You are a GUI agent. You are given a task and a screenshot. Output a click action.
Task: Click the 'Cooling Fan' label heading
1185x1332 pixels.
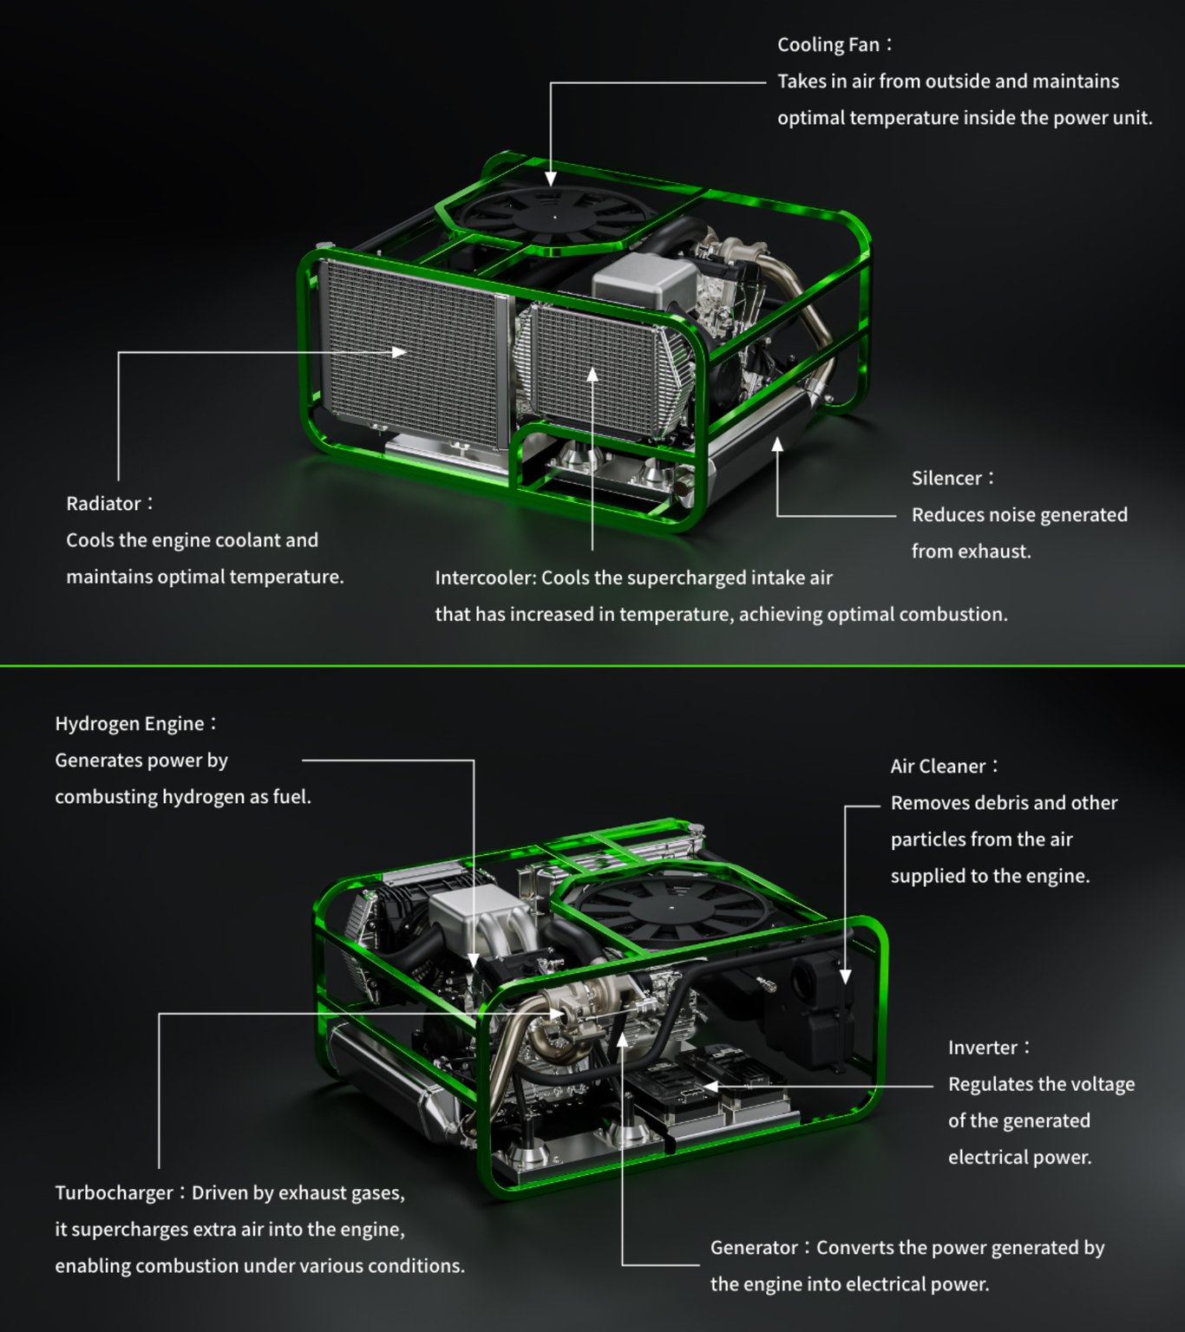coord(828,45)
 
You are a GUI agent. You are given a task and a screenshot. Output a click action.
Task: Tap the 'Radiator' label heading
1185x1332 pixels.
coord(103,504)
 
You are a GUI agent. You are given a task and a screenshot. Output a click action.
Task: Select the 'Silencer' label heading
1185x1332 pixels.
coord(946,479)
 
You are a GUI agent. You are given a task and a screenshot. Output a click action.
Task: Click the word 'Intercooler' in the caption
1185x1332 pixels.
coord(484,578)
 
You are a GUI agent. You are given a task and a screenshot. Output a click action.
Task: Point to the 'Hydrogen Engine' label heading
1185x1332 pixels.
coord(129,724)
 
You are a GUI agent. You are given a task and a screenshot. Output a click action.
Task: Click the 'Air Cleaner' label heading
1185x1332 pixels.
coord(938,767)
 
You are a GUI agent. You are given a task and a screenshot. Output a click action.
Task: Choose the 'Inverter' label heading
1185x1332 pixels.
coord(982,1048)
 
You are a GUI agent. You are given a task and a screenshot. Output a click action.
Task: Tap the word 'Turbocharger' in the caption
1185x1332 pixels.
coord(114,1193)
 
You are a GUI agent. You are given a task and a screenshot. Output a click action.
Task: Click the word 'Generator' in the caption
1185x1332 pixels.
coord(754,1248)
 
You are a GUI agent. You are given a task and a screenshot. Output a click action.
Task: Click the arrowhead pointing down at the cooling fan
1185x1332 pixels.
coord(551,179)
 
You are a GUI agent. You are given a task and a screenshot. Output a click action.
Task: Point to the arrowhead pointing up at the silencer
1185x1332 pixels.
coord(777,444)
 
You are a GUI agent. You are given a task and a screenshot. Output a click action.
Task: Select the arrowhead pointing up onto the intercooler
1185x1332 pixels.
coord(592,374)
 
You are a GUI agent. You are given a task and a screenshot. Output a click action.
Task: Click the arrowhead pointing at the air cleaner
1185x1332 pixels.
coord(845,976)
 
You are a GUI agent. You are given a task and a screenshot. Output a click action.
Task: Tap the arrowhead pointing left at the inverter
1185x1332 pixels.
coord(710,1086)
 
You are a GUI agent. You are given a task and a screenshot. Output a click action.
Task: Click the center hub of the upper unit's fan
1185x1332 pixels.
coord(555,216)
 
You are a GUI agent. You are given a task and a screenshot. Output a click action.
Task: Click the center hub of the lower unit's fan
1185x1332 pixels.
coord(672,907)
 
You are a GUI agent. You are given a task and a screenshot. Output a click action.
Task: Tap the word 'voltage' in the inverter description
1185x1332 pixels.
coord(1103,1085)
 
